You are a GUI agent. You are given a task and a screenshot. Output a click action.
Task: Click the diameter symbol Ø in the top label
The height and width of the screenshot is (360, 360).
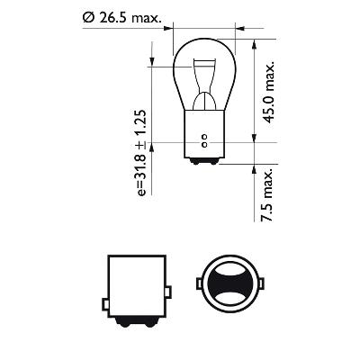tap(86, 17)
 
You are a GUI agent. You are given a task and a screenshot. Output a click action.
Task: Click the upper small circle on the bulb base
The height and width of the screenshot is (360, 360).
tap(204, 137)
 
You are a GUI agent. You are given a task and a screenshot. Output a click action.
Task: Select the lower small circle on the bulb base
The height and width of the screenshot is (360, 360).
tap(204, 145)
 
